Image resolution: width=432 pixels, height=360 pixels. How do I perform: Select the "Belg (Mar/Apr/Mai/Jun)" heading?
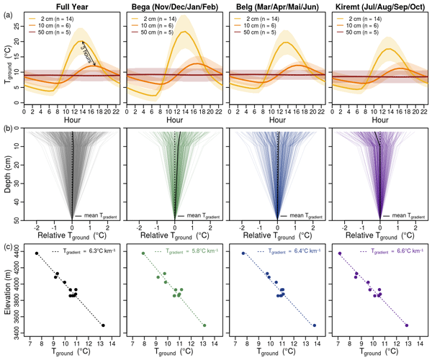point(276,6)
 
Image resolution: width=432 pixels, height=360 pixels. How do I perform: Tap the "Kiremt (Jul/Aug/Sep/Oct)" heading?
point(379,6)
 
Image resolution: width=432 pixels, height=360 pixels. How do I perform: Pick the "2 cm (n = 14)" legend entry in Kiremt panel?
point(372,16)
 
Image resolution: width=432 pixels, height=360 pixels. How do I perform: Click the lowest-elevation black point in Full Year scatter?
point(104,325)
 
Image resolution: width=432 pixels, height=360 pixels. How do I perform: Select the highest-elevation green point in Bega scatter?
point(143,253)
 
